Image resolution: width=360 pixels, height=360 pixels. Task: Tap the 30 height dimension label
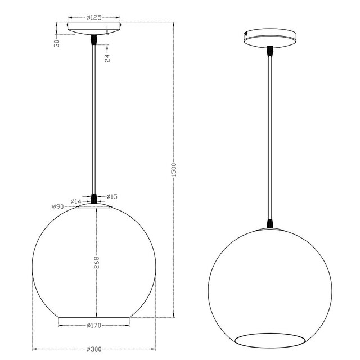(x=57, y=44)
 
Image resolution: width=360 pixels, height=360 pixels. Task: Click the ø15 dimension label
(x=111, y=196)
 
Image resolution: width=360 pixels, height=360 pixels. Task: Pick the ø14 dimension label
(x=76, y=201)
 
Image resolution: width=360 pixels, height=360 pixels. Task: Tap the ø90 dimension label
(x=57, y=207)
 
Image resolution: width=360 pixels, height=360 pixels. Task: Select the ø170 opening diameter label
(x=93, y=326)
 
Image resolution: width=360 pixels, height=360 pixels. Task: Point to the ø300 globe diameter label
(x=93, y=349)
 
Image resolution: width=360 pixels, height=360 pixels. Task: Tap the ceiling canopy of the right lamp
(x=271, y=38)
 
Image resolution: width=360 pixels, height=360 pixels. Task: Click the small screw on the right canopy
(x=246, y=33)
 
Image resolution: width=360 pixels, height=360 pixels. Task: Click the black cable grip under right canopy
(x=271, y=51)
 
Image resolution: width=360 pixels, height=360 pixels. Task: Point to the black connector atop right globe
(x=271, y=224)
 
